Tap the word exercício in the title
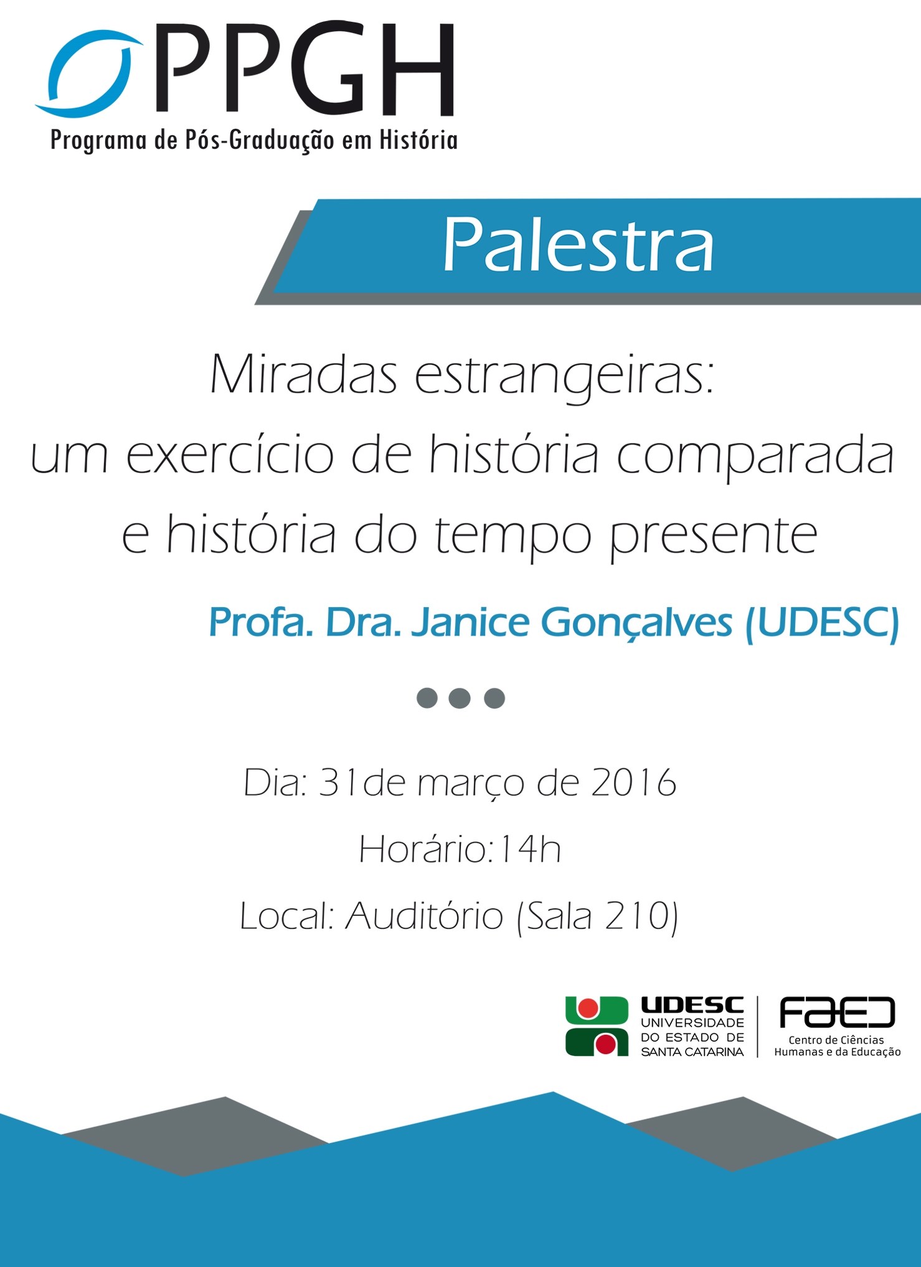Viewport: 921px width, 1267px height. (230, 453)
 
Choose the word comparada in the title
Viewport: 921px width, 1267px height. (755, 456)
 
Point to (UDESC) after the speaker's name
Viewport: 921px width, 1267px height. (822, 623)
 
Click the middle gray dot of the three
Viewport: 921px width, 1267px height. (460, 698)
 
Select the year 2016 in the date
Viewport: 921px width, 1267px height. (633, 783)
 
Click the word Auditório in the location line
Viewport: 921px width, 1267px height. (424, 916)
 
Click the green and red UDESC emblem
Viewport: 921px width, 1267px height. (597, 1026)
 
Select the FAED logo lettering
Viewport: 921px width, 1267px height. (837, 1012)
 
